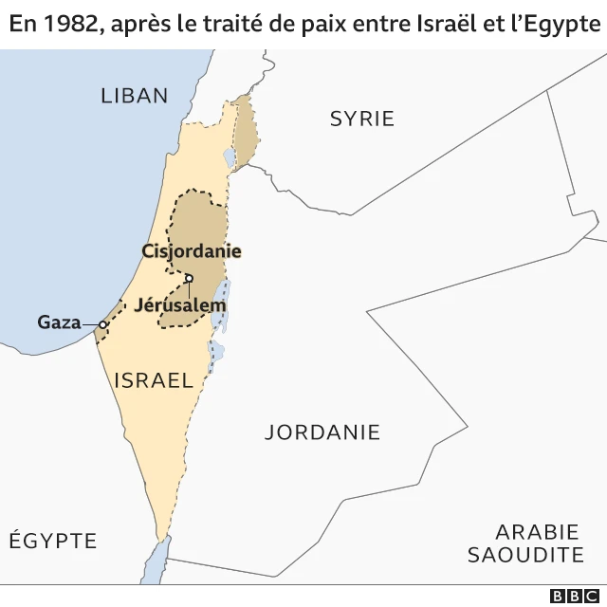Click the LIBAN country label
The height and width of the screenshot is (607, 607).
[134, 95]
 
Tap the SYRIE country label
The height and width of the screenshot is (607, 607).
[361, 119]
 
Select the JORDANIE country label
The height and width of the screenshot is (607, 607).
[322, 432]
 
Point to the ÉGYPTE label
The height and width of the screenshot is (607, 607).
[53, 541]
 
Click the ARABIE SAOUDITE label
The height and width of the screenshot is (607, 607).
[524, 543]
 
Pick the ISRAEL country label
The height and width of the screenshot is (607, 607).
[153, 381]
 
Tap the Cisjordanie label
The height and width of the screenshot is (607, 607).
[191, 251]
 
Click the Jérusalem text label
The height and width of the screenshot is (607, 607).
[180, 305]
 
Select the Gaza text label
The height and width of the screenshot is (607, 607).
[59, 322]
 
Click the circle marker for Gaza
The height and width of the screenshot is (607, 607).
[102, 324]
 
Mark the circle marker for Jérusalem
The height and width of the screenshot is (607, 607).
[189, 278]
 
